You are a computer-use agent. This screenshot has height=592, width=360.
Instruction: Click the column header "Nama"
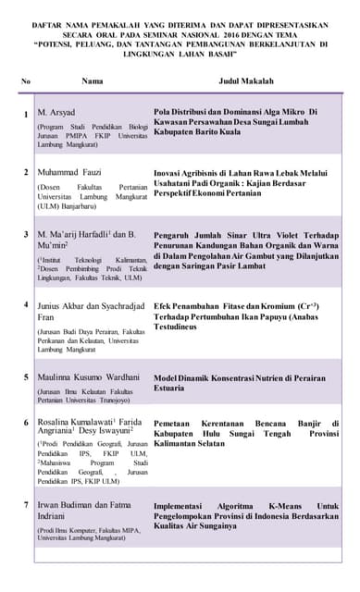point(92,81)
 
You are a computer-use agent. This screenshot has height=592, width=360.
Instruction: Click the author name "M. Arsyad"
point(56,112)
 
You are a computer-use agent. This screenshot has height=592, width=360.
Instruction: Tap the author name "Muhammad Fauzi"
point(69,172)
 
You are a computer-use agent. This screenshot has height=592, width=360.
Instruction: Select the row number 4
point(26,304)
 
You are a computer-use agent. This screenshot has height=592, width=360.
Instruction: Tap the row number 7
point(26,506)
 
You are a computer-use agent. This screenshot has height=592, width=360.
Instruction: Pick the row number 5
point(26,376)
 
